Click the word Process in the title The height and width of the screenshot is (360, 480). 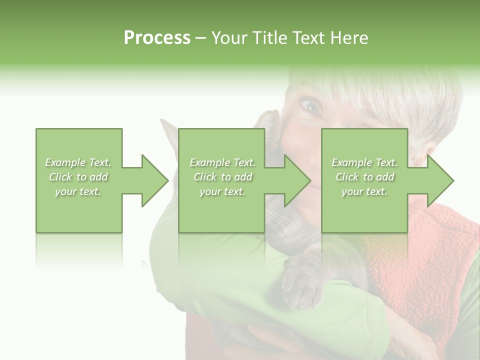click(157, 38)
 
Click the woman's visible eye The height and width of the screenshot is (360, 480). click(310, 105)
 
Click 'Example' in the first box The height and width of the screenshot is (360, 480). click(65, 162)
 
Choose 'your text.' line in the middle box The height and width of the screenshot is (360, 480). click(222, 191)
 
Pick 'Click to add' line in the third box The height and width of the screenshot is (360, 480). click(364, 177)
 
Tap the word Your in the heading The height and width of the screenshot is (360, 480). click(229, 38)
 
